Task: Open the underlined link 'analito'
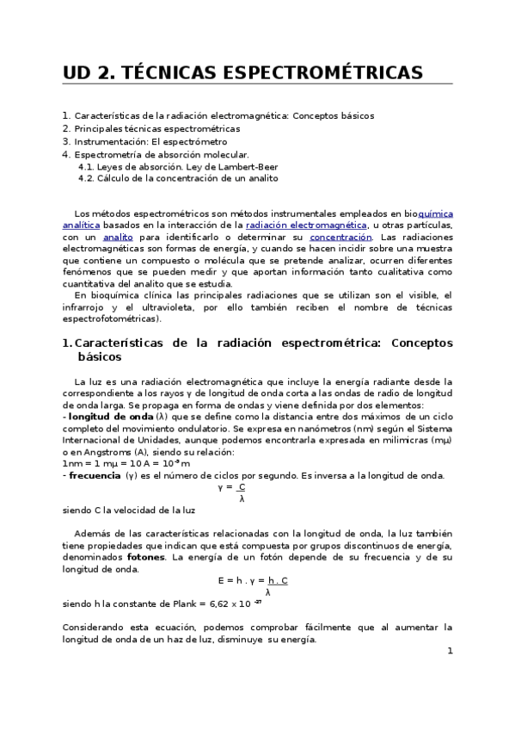(118, 237)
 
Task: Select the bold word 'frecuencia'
(95, 474)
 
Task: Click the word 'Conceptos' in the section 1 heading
(421, 343)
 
